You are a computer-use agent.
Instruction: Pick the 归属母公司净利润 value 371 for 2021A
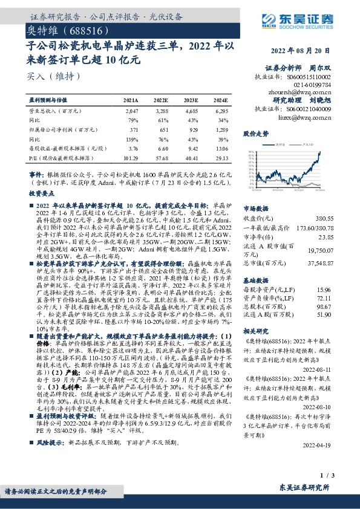tap(134, 129)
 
